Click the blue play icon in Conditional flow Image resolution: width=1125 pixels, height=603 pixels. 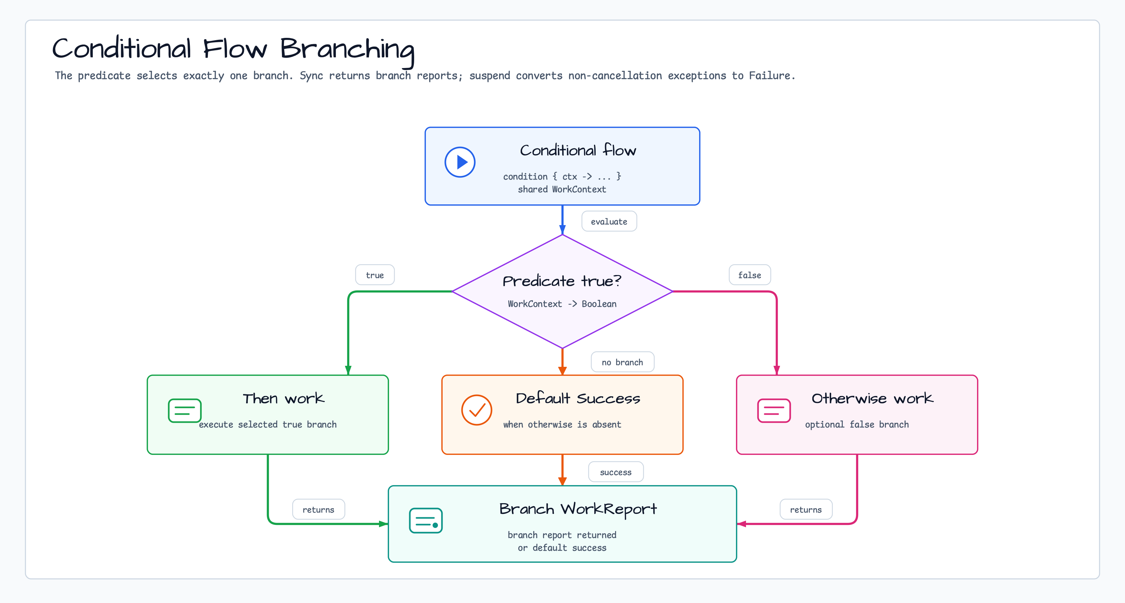[x=460, y=162]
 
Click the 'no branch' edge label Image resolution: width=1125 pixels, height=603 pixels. [x=622, y=362]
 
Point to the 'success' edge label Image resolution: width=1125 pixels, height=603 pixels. [x=616, y=472]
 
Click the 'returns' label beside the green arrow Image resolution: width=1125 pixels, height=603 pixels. [x=318, y=510]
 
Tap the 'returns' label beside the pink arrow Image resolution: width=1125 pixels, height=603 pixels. [x=806, y=510]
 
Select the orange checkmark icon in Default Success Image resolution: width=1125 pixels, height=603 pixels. [x=476, y=410]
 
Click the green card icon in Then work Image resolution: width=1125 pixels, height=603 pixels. [x=185, y=411]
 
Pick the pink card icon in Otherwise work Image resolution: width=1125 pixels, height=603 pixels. [x=774, y=411]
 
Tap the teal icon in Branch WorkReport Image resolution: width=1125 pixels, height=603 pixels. [x=426, y=520]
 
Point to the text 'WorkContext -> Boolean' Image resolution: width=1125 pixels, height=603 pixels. [x=562, y=304]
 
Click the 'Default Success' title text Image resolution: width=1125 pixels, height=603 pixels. [x=578, y=398]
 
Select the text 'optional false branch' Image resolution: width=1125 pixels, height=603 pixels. [x=857, y=425]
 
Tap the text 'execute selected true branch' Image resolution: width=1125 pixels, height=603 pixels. [x=268, y=425]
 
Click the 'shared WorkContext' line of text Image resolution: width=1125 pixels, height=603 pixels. [x=562, y=189]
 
